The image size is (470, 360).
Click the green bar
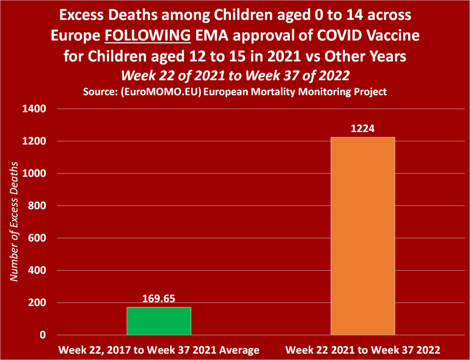[159, 321]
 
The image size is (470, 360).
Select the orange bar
[363, 236]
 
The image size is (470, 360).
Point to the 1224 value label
[363, 129]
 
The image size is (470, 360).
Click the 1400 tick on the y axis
[34, 109]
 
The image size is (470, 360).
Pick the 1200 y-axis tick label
[34, 141]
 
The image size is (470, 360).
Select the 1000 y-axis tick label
[34, 174]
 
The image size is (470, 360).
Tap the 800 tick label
[38, 206]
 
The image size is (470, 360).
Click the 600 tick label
[38, 238]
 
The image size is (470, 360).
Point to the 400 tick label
[38, 271]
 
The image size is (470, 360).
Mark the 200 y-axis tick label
[38, 303]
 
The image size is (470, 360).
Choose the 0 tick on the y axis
[43, 335]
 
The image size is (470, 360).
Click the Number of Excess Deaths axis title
[14, 221]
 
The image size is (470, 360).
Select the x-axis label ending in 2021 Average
[159, 350]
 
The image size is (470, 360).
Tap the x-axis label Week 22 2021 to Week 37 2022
[363, 350]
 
